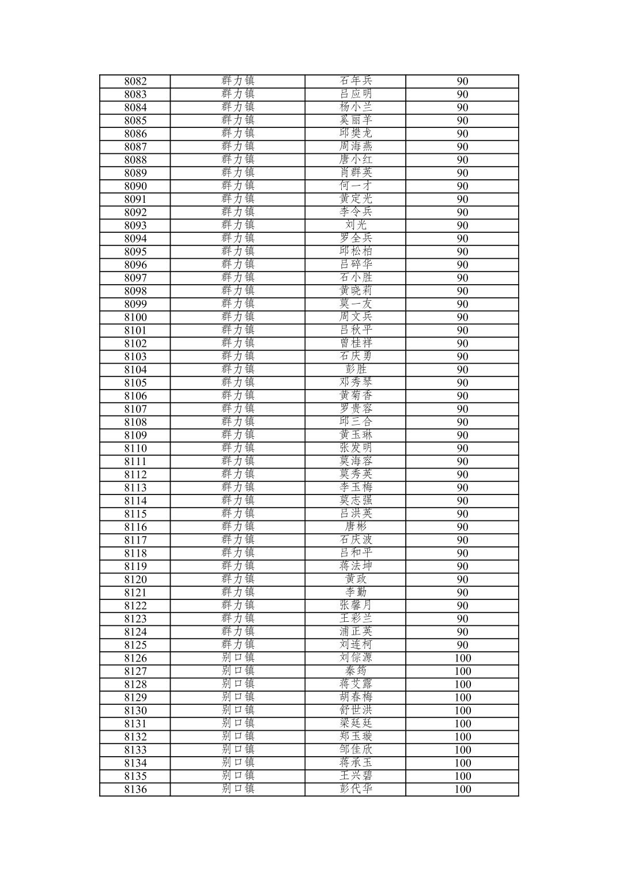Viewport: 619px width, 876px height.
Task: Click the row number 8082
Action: point(135,81)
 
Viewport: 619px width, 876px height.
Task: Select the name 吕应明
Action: point(356,94)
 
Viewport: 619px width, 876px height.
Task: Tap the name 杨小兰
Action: point(356,107)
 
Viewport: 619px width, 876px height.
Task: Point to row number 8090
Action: point(135,186)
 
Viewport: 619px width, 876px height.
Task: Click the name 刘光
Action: point(356,225)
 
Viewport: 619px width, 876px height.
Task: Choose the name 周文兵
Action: point(356,317)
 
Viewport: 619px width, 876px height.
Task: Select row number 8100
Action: point(135,317)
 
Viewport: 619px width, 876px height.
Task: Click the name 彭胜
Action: point(356,369)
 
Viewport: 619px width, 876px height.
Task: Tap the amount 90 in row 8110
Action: point(462,448)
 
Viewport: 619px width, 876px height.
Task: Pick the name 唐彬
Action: point(356,527)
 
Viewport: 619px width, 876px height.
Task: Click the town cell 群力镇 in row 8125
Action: point(237,645)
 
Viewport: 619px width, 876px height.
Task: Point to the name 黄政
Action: point(356,579)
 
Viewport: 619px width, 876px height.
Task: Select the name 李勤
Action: point(356,592)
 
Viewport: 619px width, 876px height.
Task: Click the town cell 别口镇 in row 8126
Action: point(237,658)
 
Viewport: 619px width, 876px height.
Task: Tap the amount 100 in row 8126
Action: point(462,658)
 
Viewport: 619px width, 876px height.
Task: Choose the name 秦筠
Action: point(356,671)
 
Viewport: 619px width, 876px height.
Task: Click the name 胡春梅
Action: point(356,697)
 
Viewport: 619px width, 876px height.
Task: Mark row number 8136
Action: point(135,790)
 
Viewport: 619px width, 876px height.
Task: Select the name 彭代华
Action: point(356,789)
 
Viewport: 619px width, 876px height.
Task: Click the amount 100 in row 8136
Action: point(462,790)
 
